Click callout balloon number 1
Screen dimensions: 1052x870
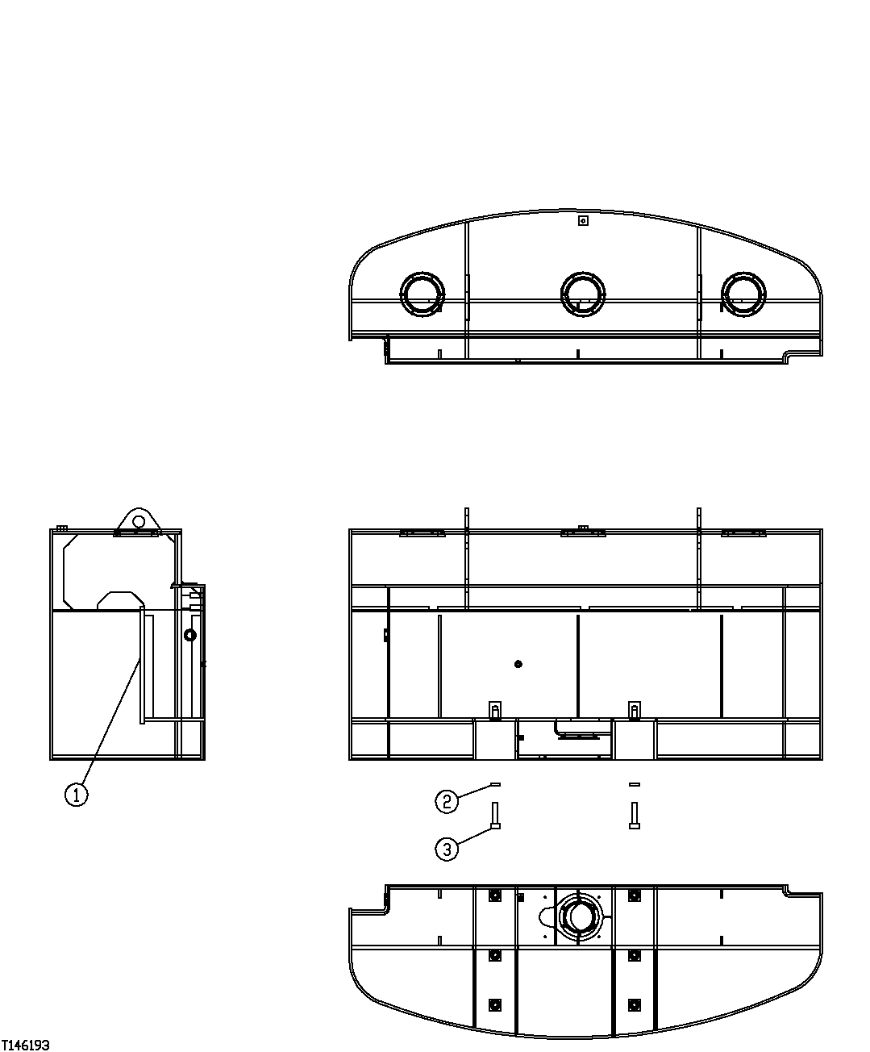(76, 795)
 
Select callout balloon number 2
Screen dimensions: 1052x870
(447, 801)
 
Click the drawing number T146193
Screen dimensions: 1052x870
(26, 1045)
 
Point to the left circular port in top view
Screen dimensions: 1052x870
(423, 293)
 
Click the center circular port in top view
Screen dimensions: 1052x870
(582, 293)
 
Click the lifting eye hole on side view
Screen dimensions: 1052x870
(139, 521)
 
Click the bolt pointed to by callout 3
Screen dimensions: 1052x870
(495, 815)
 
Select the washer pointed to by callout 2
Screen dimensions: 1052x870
(495, 783)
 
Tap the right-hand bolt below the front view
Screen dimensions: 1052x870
(635, 815)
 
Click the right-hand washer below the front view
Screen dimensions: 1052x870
(635, 783)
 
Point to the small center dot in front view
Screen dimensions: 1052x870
(518, 664)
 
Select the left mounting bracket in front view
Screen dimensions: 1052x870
(495, 710)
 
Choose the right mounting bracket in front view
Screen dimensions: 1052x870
(635, 710)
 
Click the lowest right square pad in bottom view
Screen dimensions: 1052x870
(635, 1004)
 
